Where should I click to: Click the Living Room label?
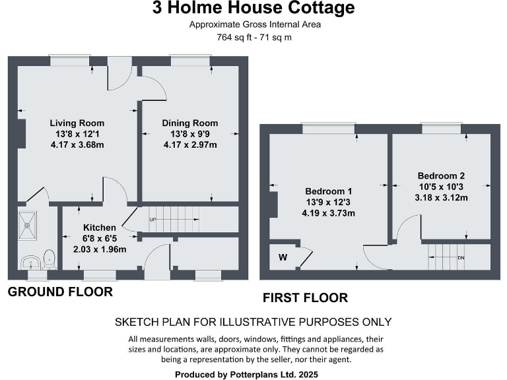(77, 123)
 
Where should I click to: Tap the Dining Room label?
(189, 123)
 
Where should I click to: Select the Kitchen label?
(99, 228)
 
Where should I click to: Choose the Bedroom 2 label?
(441, 175)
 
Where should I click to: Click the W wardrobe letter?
(283, 257)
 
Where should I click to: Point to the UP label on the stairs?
(153, 220)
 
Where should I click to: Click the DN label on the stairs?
(461, 257)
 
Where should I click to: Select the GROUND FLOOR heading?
(60, 292)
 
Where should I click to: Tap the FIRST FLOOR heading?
(305, 298)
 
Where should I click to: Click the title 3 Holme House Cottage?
(253, 9)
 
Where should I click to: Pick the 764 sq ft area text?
(253, 38)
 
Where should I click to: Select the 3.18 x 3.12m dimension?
(441, 198)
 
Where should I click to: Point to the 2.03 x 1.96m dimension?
(99, 249)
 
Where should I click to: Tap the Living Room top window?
(71, 61)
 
